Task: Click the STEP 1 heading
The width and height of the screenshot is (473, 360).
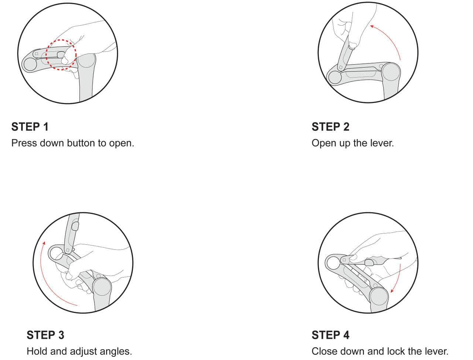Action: click(30, 127)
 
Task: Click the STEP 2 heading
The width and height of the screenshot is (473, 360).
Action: click(330, 127)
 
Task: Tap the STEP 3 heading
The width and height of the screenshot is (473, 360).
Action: click(45, 335)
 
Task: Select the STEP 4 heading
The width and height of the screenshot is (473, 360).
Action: click(330, 335)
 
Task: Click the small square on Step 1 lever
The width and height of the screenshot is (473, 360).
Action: click(36, 54)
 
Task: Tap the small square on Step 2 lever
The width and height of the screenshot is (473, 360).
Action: click(341, 67)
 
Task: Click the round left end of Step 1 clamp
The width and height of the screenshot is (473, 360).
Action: click(29, 64)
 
